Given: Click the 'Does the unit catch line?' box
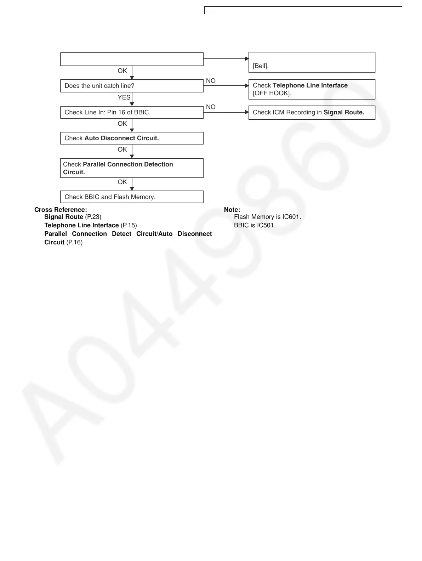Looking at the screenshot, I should [x=132, y=86].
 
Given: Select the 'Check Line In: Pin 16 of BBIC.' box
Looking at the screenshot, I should [x=132, y=112].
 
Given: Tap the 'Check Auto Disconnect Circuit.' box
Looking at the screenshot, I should [x=132, y=138].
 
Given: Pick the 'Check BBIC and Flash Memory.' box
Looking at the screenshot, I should [x=132, y=197].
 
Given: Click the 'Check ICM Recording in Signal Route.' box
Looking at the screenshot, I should [x=312, y=113].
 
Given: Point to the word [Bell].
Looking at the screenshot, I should [x=261, y=66].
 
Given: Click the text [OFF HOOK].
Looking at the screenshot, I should [x=272, y=93].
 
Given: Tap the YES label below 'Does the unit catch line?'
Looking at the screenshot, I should [x=124, y=97].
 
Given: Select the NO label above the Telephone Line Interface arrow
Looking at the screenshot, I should [x=211, y=81].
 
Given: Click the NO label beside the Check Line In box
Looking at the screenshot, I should [x=211, y=107].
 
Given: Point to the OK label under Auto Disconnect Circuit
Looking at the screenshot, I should [x=122, y=149].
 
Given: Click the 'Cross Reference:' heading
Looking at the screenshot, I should [x=61, y=210].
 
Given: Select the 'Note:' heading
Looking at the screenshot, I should [x=232, y=210].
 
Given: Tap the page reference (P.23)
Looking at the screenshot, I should [x=93, y=217].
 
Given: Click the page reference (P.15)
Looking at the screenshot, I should [x=129, y=225].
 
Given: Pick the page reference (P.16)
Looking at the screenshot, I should [x=74, y=242].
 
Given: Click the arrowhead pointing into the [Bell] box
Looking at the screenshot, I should [x=247, y=59].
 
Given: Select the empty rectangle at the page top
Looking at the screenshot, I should [x=303, y=10].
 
